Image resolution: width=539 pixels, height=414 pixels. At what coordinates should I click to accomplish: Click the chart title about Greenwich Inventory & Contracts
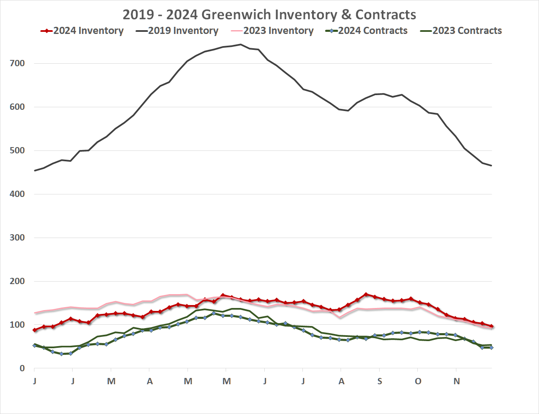(x=269, y=15)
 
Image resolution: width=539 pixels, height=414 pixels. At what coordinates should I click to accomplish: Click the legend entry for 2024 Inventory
(x=82, y=31)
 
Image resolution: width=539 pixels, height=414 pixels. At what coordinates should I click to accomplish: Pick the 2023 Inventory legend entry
(x=272, y=31)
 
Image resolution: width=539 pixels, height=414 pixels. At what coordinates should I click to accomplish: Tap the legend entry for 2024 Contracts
(x=367, y=31)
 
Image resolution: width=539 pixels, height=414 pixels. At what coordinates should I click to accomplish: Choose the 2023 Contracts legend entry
(x=461, y=31)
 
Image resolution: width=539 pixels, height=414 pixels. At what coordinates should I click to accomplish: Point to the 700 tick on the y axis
(x=17, y=64)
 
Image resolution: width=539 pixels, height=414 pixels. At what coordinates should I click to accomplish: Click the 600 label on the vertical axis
(x=17, y=107)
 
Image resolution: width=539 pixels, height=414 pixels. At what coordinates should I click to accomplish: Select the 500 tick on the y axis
(x=17, y=151)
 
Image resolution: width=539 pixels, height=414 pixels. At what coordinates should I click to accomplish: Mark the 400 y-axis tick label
(x=17, y=194)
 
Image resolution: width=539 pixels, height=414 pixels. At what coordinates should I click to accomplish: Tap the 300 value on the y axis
(x=17, y=238)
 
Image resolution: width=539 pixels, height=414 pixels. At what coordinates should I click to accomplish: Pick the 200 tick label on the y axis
(x=17, y=282)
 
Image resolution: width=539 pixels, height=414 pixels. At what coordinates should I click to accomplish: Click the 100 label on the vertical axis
(x=17, y=325)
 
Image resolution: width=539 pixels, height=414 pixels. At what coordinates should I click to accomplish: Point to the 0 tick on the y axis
(x=22, y=369)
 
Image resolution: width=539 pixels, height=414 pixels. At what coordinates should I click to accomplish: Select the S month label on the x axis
(x=380, y=381)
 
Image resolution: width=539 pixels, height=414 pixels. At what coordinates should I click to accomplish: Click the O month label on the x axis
(x=418, y=381)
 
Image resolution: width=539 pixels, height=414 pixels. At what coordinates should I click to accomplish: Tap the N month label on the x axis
(x=457, y=381)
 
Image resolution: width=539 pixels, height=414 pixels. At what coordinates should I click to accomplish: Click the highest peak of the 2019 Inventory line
(x=240, y=44)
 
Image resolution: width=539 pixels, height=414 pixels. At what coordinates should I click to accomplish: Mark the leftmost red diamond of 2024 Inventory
(x=35, y=330)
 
